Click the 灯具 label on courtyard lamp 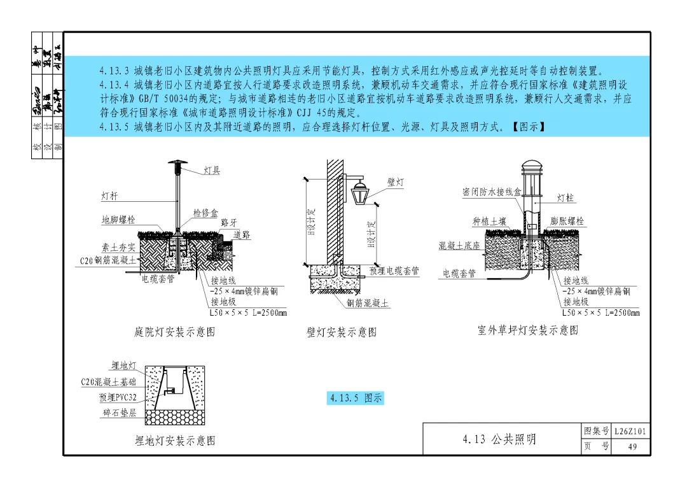pyautogui.click(x=212, y=171)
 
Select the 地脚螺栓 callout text pyautogui.click(x=118, y=220)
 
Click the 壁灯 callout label pyautogui.click(x=396, y=183)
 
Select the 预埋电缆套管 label pyautogui.click(x=394, y=271)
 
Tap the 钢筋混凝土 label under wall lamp pyautogui.click(x=368, y=304)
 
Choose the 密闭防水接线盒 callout pyautogui.click(x=492, y=192)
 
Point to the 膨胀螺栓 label pyautogui.click(x=567, y=222)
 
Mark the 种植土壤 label pyautogui.click(x=489, y=222)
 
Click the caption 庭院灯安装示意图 pyautogui.click(x=175, y=332)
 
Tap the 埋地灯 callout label pyautogui.click(x=123, y=365)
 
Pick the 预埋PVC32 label pyautogui.click(x=118, y=398)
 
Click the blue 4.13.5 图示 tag pyautogui.click(x=356, y=399)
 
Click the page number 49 pyautogui.click(x=632, y=447)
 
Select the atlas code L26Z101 pyautogui.click(x=631, y=432)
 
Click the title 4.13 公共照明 pyautogui.click(x=499, y=439)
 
